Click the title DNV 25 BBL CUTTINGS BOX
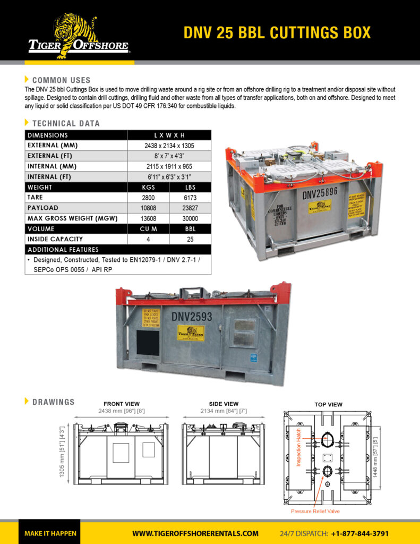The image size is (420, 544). click(x=277, y=32)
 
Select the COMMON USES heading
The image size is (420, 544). click(x=61, y=80)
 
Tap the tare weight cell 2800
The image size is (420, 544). click(x=148, y=198)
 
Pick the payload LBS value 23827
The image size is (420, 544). click(x=190, y=208)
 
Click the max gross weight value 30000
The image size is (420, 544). click(x=190, y=218)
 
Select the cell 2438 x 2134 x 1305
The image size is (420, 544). click(x=169, y=145)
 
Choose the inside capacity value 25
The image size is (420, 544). click(x=190, y=239)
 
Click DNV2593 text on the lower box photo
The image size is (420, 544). click(x=192, y=317)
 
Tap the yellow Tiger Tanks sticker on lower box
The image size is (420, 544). click(x=191, y=333)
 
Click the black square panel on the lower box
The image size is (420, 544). click(x=148, y=343)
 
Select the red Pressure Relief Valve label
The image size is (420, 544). click(x=315, y=511)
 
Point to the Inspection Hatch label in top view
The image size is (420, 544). click(x=299, y=447)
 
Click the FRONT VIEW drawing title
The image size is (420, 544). click(x=122, y=404)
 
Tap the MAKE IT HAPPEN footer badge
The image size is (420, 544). click(x=50, y=533)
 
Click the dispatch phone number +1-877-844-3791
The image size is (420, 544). click(x=360, y=533)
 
